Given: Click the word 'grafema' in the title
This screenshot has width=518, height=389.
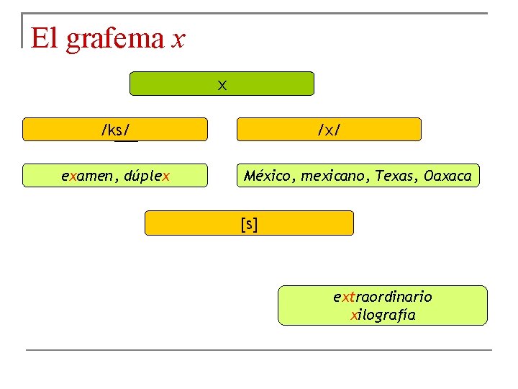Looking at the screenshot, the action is pos(115,38).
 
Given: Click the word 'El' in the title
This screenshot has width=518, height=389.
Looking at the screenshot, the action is pos(44,37).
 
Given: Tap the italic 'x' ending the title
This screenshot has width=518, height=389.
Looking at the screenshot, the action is pos(179,39).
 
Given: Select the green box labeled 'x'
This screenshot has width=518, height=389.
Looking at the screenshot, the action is pos(222,84).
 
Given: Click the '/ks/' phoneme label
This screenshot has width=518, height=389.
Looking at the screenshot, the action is pos(115,130).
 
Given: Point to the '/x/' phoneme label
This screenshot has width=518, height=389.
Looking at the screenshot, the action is pos(329,130).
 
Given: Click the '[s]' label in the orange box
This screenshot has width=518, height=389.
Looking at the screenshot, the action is pos(249,223).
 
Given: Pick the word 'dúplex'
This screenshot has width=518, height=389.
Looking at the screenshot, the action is pos(147,176).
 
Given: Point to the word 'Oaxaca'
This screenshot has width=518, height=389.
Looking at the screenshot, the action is pos(447,176).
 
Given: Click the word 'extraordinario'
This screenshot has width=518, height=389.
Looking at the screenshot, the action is pos(382,297).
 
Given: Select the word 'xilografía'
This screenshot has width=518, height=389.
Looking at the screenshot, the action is pos(382,315).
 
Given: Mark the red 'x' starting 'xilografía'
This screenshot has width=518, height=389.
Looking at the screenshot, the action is pos(353,316).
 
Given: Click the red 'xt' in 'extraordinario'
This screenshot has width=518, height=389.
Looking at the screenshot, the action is pos(346,297).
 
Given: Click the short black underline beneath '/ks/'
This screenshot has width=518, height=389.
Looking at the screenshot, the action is pos(126,140).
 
